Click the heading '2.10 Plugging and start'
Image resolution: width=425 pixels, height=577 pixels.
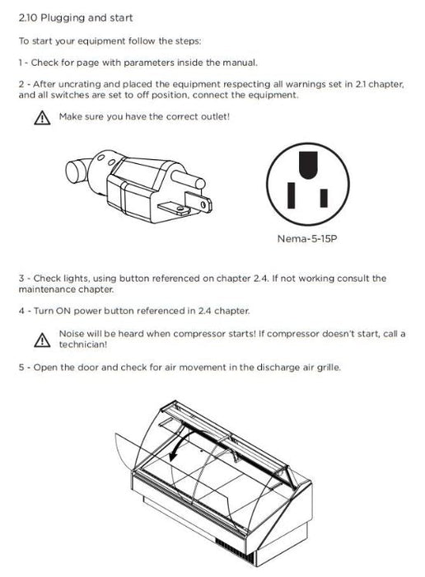[76, 17]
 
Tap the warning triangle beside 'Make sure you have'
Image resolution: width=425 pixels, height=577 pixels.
[42, 118]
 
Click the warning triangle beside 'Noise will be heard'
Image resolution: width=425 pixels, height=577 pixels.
[42, 340]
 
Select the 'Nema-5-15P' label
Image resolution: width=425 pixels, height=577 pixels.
[307, 239]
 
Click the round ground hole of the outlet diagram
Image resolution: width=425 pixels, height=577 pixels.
[308, 165]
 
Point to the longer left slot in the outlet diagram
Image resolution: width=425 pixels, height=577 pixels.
[292, 195]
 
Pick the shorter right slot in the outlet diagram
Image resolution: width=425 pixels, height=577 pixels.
[324, 198]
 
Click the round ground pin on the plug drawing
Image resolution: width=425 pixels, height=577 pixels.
[188, 178]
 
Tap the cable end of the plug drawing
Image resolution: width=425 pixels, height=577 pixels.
[77, 171]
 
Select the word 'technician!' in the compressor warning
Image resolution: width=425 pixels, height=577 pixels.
[83, 345]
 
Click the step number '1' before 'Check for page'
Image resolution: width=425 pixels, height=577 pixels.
[21, 63]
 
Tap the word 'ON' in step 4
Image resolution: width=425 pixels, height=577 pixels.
[63, 311]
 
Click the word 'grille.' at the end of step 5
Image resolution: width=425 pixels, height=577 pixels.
[329, 368]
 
